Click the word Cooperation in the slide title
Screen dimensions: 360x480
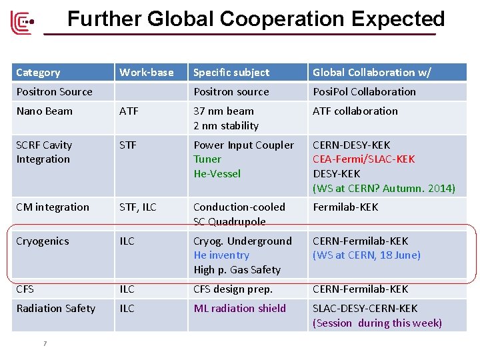point(290,19)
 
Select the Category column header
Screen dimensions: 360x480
point(38,72)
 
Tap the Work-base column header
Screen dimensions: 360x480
point(146,72)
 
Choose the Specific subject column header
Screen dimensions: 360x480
point(231,72)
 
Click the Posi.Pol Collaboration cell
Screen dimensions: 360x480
point(364,91)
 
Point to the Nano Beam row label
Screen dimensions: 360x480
point(44,111)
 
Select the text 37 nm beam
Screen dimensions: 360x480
point(223,111)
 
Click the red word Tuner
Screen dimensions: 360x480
point(207,159)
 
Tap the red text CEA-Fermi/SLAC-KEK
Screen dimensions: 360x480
point(363,159)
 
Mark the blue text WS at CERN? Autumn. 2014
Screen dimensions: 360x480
point(384,188)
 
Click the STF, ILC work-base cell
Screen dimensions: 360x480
point(137,207)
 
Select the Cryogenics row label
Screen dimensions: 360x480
point(43,241)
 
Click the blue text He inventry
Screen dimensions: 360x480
point(221,255)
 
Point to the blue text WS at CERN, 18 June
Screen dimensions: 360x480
point(367,255)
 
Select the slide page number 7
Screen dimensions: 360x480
point(44,343)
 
